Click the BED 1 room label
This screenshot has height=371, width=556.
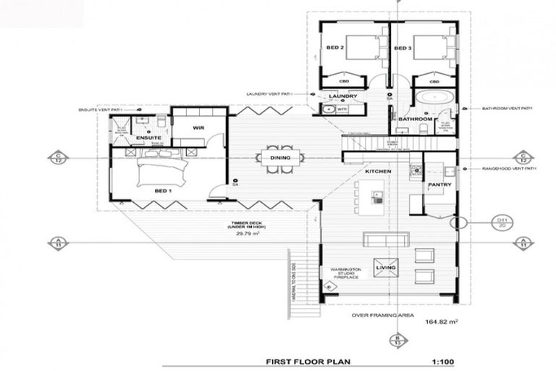pyautogui.click(x=162, y=191)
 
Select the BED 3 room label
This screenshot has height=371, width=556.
pyautogui.click(x=403, y=49)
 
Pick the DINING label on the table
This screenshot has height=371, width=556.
pyautogui.click(x=280, y=157)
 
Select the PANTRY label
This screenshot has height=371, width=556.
pyautogui.click(x=439, y=185)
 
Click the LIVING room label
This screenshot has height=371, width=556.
pyautogui.click(x=385, y=268)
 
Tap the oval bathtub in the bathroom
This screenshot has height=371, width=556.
pyautogui.click(x=435, y=97)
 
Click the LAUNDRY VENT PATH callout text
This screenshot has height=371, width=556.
pyautogui.click(x=268, y=93)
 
